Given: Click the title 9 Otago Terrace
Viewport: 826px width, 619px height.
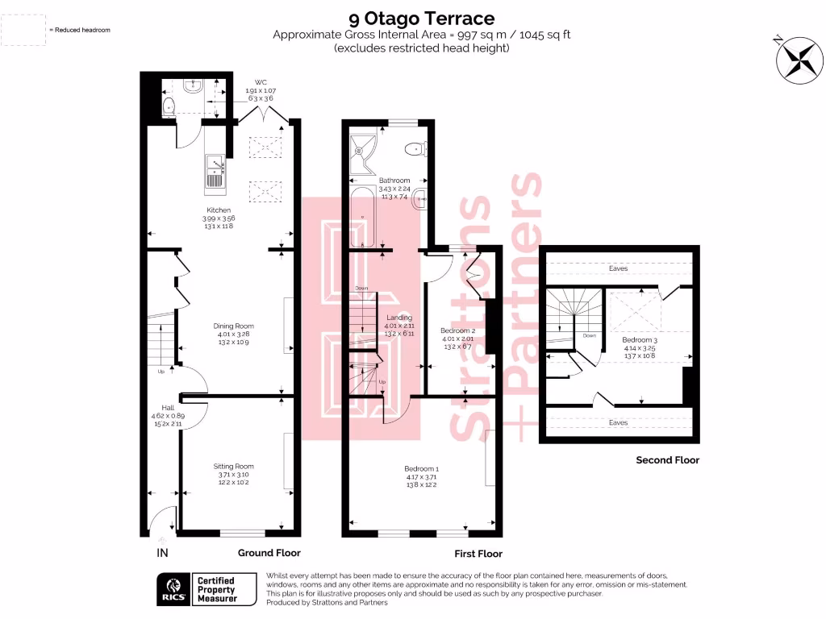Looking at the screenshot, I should [x=421, y=18].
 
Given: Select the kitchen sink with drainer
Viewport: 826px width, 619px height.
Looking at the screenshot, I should [x=215, y=171].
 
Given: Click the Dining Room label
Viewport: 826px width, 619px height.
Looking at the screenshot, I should [x=234, y=326].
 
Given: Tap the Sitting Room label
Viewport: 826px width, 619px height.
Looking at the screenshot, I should [x=234, y=466].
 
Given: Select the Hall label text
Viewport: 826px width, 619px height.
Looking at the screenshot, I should [x=168, y=408].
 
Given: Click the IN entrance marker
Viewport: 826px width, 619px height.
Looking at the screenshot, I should [x=162, y=553].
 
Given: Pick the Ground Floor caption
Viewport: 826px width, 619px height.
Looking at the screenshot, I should [x=269, y=553].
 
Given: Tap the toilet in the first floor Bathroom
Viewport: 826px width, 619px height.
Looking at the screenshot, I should [x=415, y=147].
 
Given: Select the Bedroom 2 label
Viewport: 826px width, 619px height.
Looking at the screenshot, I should [x=457, y=330].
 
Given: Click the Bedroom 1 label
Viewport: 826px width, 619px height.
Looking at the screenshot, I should [x=421, y=468].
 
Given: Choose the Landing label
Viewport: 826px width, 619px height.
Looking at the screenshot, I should [x=399, y=318].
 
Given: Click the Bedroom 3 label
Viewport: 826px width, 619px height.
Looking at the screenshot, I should [x=640, y=340].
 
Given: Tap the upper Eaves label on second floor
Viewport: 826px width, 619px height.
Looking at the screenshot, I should [x=619, y=268].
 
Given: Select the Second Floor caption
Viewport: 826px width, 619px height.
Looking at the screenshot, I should [x=667, y=460].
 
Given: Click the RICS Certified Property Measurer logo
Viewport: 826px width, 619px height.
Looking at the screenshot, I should [x=202, y=589].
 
